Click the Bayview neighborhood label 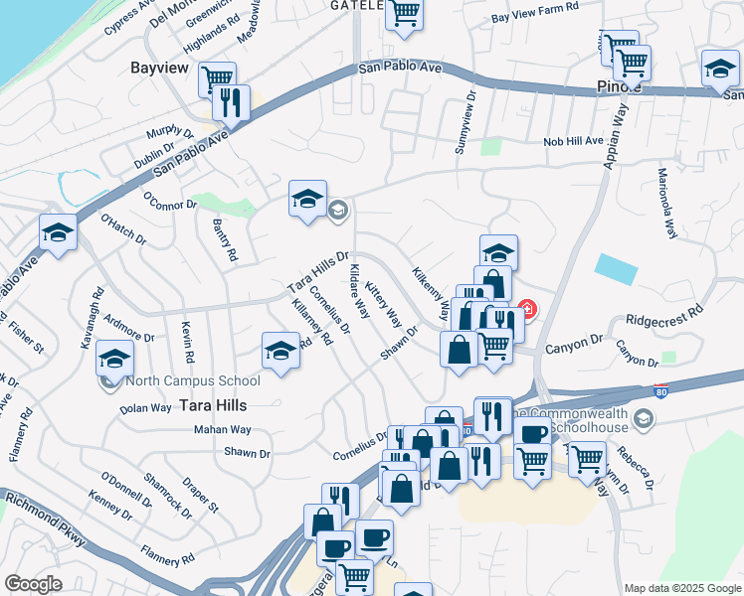click(x=160, y=68)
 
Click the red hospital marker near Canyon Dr click(x=525, y=310)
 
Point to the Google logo click(x=32, y=584)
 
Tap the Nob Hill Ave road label click(x=573, y=141)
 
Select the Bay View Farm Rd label click(x=535, y=18)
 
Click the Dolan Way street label click(x=145, y=407)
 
